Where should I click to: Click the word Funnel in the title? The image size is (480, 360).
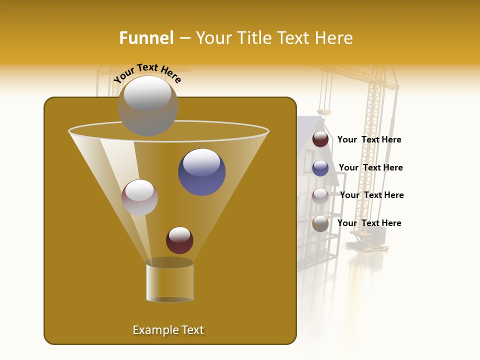click(146, 38)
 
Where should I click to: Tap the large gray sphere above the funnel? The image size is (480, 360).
click(147, 105)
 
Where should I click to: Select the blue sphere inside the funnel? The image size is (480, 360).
click(201, 171)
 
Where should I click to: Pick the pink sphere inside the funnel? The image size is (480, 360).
click(139, 197)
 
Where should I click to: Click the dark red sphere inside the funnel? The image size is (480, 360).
click(179, 240)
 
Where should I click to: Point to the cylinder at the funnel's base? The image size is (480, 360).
click(169, 281)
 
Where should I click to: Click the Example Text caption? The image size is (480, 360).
click(168, 330)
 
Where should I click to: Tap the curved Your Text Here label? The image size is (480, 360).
click(147, 73)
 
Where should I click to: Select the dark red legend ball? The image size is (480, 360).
click(320, 139)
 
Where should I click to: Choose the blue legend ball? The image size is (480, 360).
click(320, 167)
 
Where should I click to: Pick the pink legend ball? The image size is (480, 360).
click(320, 195)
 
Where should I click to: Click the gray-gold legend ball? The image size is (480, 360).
click(320, 223)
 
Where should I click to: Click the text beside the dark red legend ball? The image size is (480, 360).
click(369, 140)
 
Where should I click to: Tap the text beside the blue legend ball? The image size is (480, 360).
click(370, 167)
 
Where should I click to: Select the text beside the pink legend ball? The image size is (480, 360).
click(371, 195)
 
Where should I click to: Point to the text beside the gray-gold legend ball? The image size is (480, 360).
click(369, 223)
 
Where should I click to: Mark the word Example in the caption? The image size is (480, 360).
click(152, 330)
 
